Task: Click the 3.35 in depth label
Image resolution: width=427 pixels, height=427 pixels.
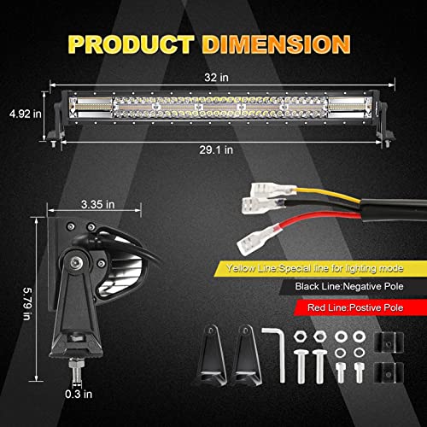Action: [96, 205]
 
